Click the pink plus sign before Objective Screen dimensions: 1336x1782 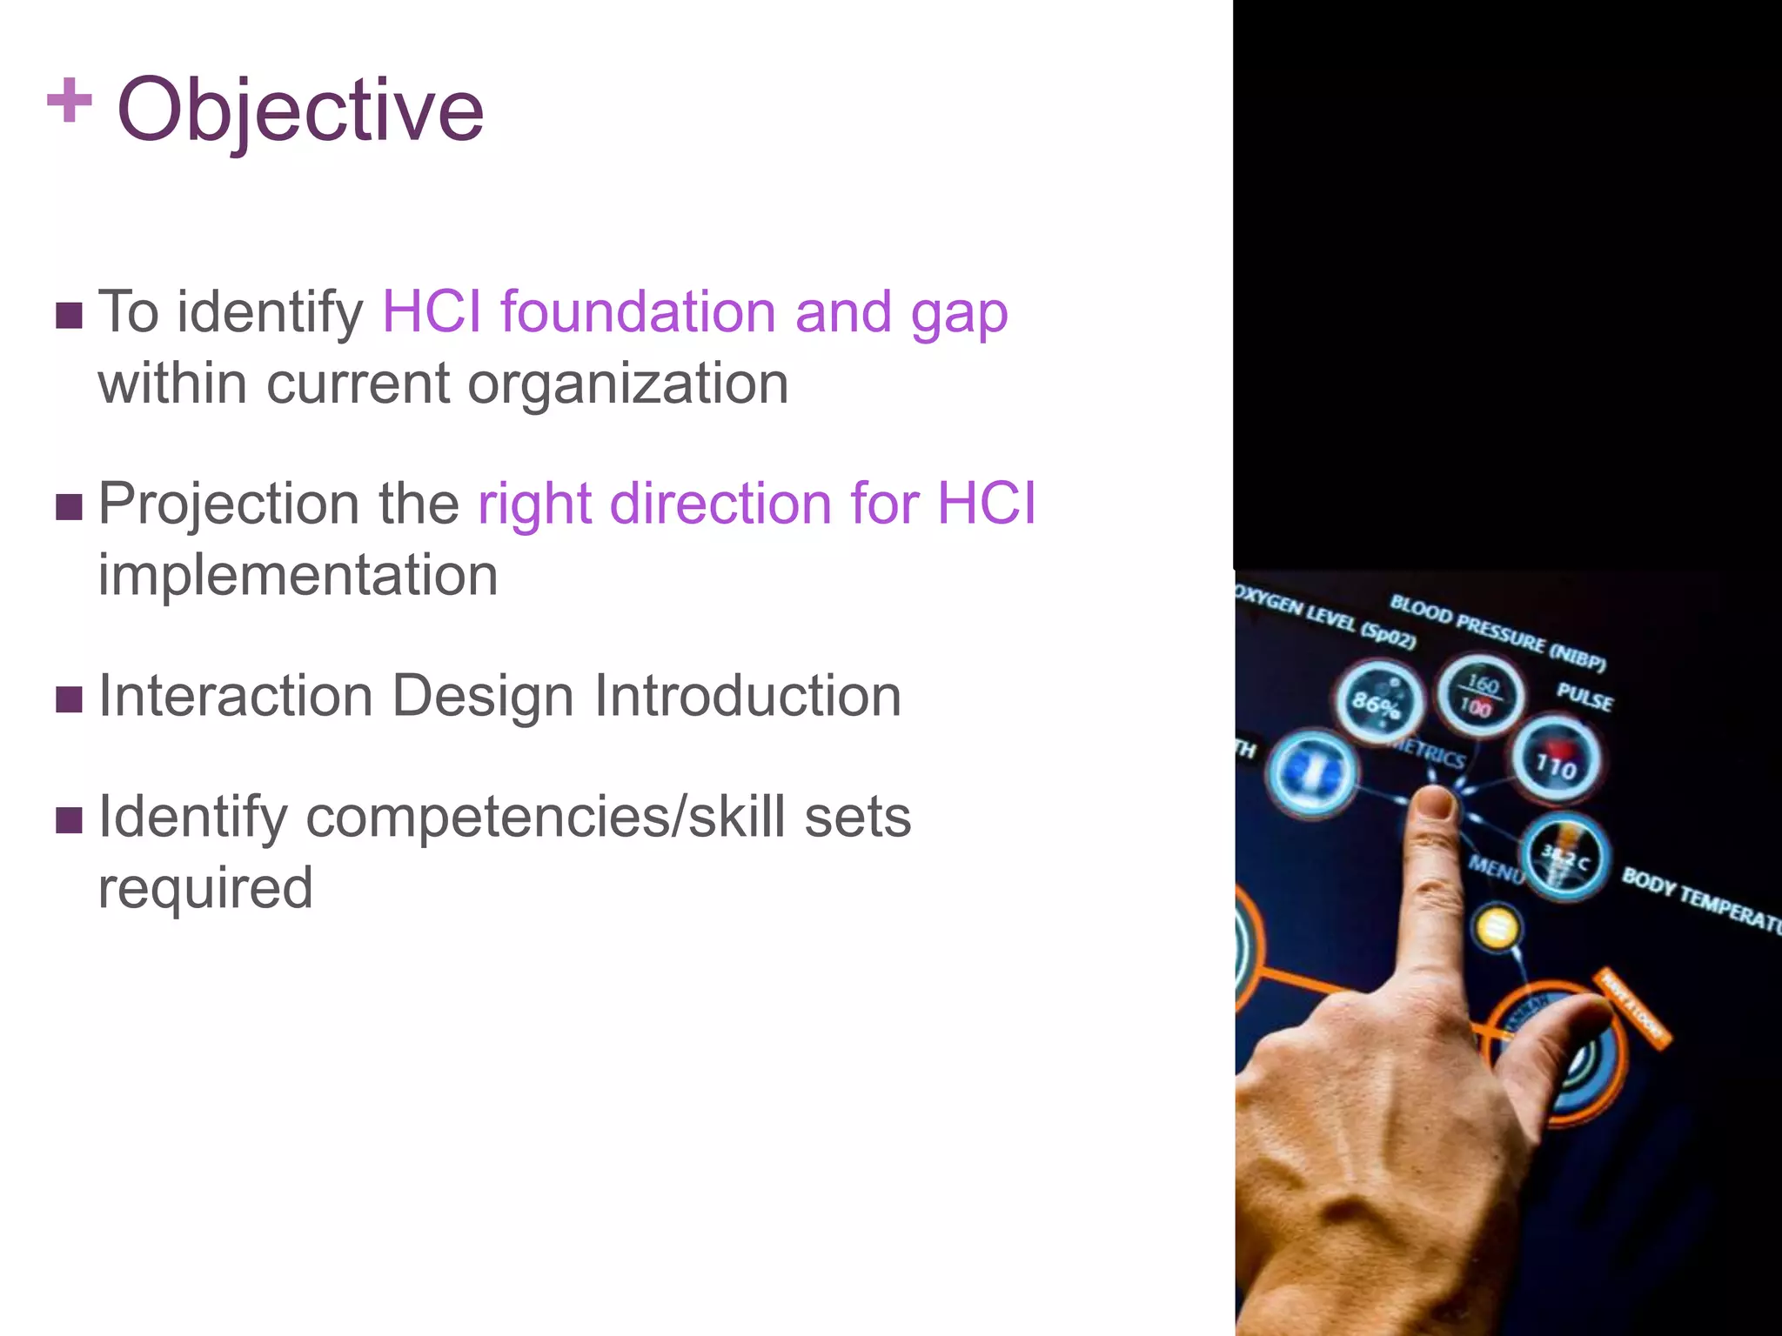click(x=70, y=101)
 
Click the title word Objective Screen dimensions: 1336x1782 click(x=300, y=110)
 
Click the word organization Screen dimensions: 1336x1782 click(x=627, y=384)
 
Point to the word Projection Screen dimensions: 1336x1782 click(x=229, y=504)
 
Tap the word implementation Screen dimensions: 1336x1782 click(x=298, y=575)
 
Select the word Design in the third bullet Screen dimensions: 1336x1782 click(x=482, y=696)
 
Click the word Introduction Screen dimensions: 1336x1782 click(x=747, y=696)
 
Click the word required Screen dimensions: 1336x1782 click(x=205, y=888)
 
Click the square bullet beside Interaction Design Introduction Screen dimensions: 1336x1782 click(x=69, y=698)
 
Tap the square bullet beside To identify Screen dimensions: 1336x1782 click(x=69, y=315)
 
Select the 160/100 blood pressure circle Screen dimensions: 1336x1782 click(x=1478, y=694)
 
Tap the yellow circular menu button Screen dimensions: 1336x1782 click(x=1496, y=928)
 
